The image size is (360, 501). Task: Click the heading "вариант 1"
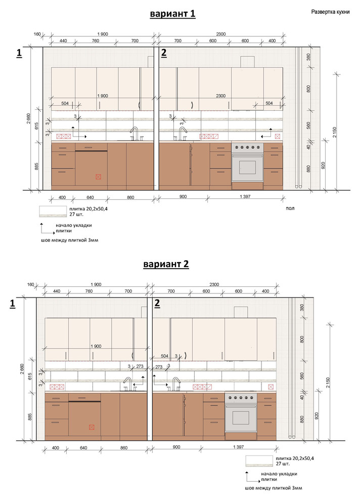point(172,14)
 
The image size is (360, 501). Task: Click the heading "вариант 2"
point(166,264)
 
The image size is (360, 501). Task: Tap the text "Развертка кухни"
point(330,12)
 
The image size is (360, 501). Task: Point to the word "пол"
point(290,208)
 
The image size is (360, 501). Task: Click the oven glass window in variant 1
point(247,168)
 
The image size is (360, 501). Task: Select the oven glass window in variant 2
point(241,418)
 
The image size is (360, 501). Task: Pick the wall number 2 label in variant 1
point(164,53)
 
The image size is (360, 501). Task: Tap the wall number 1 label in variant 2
point(13,304)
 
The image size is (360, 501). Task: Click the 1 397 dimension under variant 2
point(239,447)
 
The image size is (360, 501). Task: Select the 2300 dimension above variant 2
point(214,284)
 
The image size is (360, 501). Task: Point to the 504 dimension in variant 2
point(164,356)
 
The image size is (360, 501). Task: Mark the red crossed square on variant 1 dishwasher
point(98,177)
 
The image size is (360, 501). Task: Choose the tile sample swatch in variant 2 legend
point(259,461)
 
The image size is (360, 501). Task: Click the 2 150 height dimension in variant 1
point(335,132)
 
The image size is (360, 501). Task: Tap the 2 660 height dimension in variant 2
point(22,369)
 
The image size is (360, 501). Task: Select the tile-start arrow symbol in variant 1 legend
point(47,229)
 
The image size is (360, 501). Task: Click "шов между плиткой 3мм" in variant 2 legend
point(274,488)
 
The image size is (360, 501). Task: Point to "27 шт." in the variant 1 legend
point(76,214)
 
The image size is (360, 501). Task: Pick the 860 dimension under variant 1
point(130,197)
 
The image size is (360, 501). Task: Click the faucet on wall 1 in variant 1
point(134,134)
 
